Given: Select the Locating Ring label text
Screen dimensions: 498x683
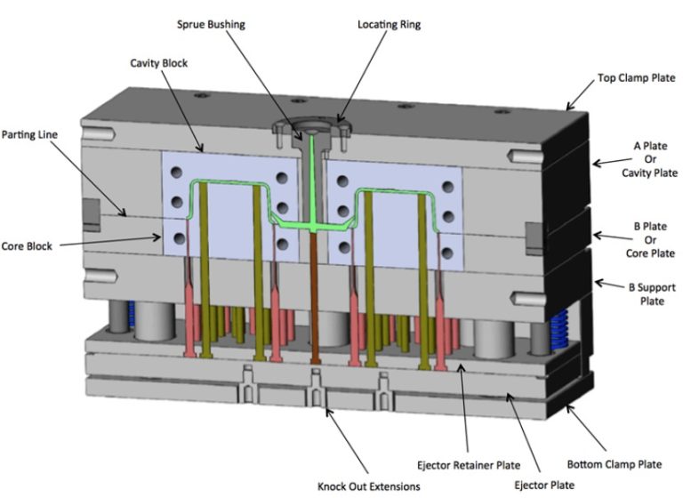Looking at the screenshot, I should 390,24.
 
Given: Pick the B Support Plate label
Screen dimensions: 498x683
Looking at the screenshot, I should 639,294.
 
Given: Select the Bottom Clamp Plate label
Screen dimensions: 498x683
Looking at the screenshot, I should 614,464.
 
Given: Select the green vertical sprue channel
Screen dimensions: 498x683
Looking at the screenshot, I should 313,178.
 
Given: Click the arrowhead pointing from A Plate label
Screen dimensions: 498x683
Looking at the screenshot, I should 594,163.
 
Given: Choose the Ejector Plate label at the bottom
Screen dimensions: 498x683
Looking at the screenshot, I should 549,486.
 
